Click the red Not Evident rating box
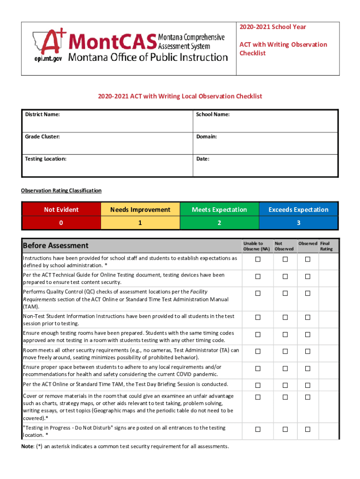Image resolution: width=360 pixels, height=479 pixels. coord(61,210)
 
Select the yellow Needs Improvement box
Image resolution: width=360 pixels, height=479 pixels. coord(140,210)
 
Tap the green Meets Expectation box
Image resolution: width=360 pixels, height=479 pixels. coord(219,210)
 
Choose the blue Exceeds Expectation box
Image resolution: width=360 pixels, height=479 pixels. coord(298,210)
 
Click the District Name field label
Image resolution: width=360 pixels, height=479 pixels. coord(42,114)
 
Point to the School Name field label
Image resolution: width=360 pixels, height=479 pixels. coord(213,114)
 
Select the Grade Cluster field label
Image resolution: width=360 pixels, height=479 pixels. coord(42,137)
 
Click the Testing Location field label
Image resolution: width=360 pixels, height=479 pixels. coord(45,159)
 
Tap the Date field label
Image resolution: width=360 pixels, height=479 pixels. coord(202,159)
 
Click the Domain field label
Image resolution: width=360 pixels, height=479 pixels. coord(206,137)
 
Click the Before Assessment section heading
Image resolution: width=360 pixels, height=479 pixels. coord(56,246)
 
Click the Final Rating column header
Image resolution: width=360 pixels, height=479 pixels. coord(326,246)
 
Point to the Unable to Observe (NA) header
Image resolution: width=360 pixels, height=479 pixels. coord(256,246)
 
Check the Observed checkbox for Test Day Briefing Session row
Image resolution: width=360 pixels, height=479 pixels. coord(308,385)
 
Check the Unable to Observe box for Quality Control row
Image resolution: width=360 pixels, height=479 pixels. coord(257,293)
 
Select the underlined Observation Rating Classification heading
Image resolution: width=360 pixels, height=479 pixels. coord(61,190)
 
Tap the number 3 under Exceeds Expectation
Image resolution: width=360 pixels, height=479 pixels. coord(298,223)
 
